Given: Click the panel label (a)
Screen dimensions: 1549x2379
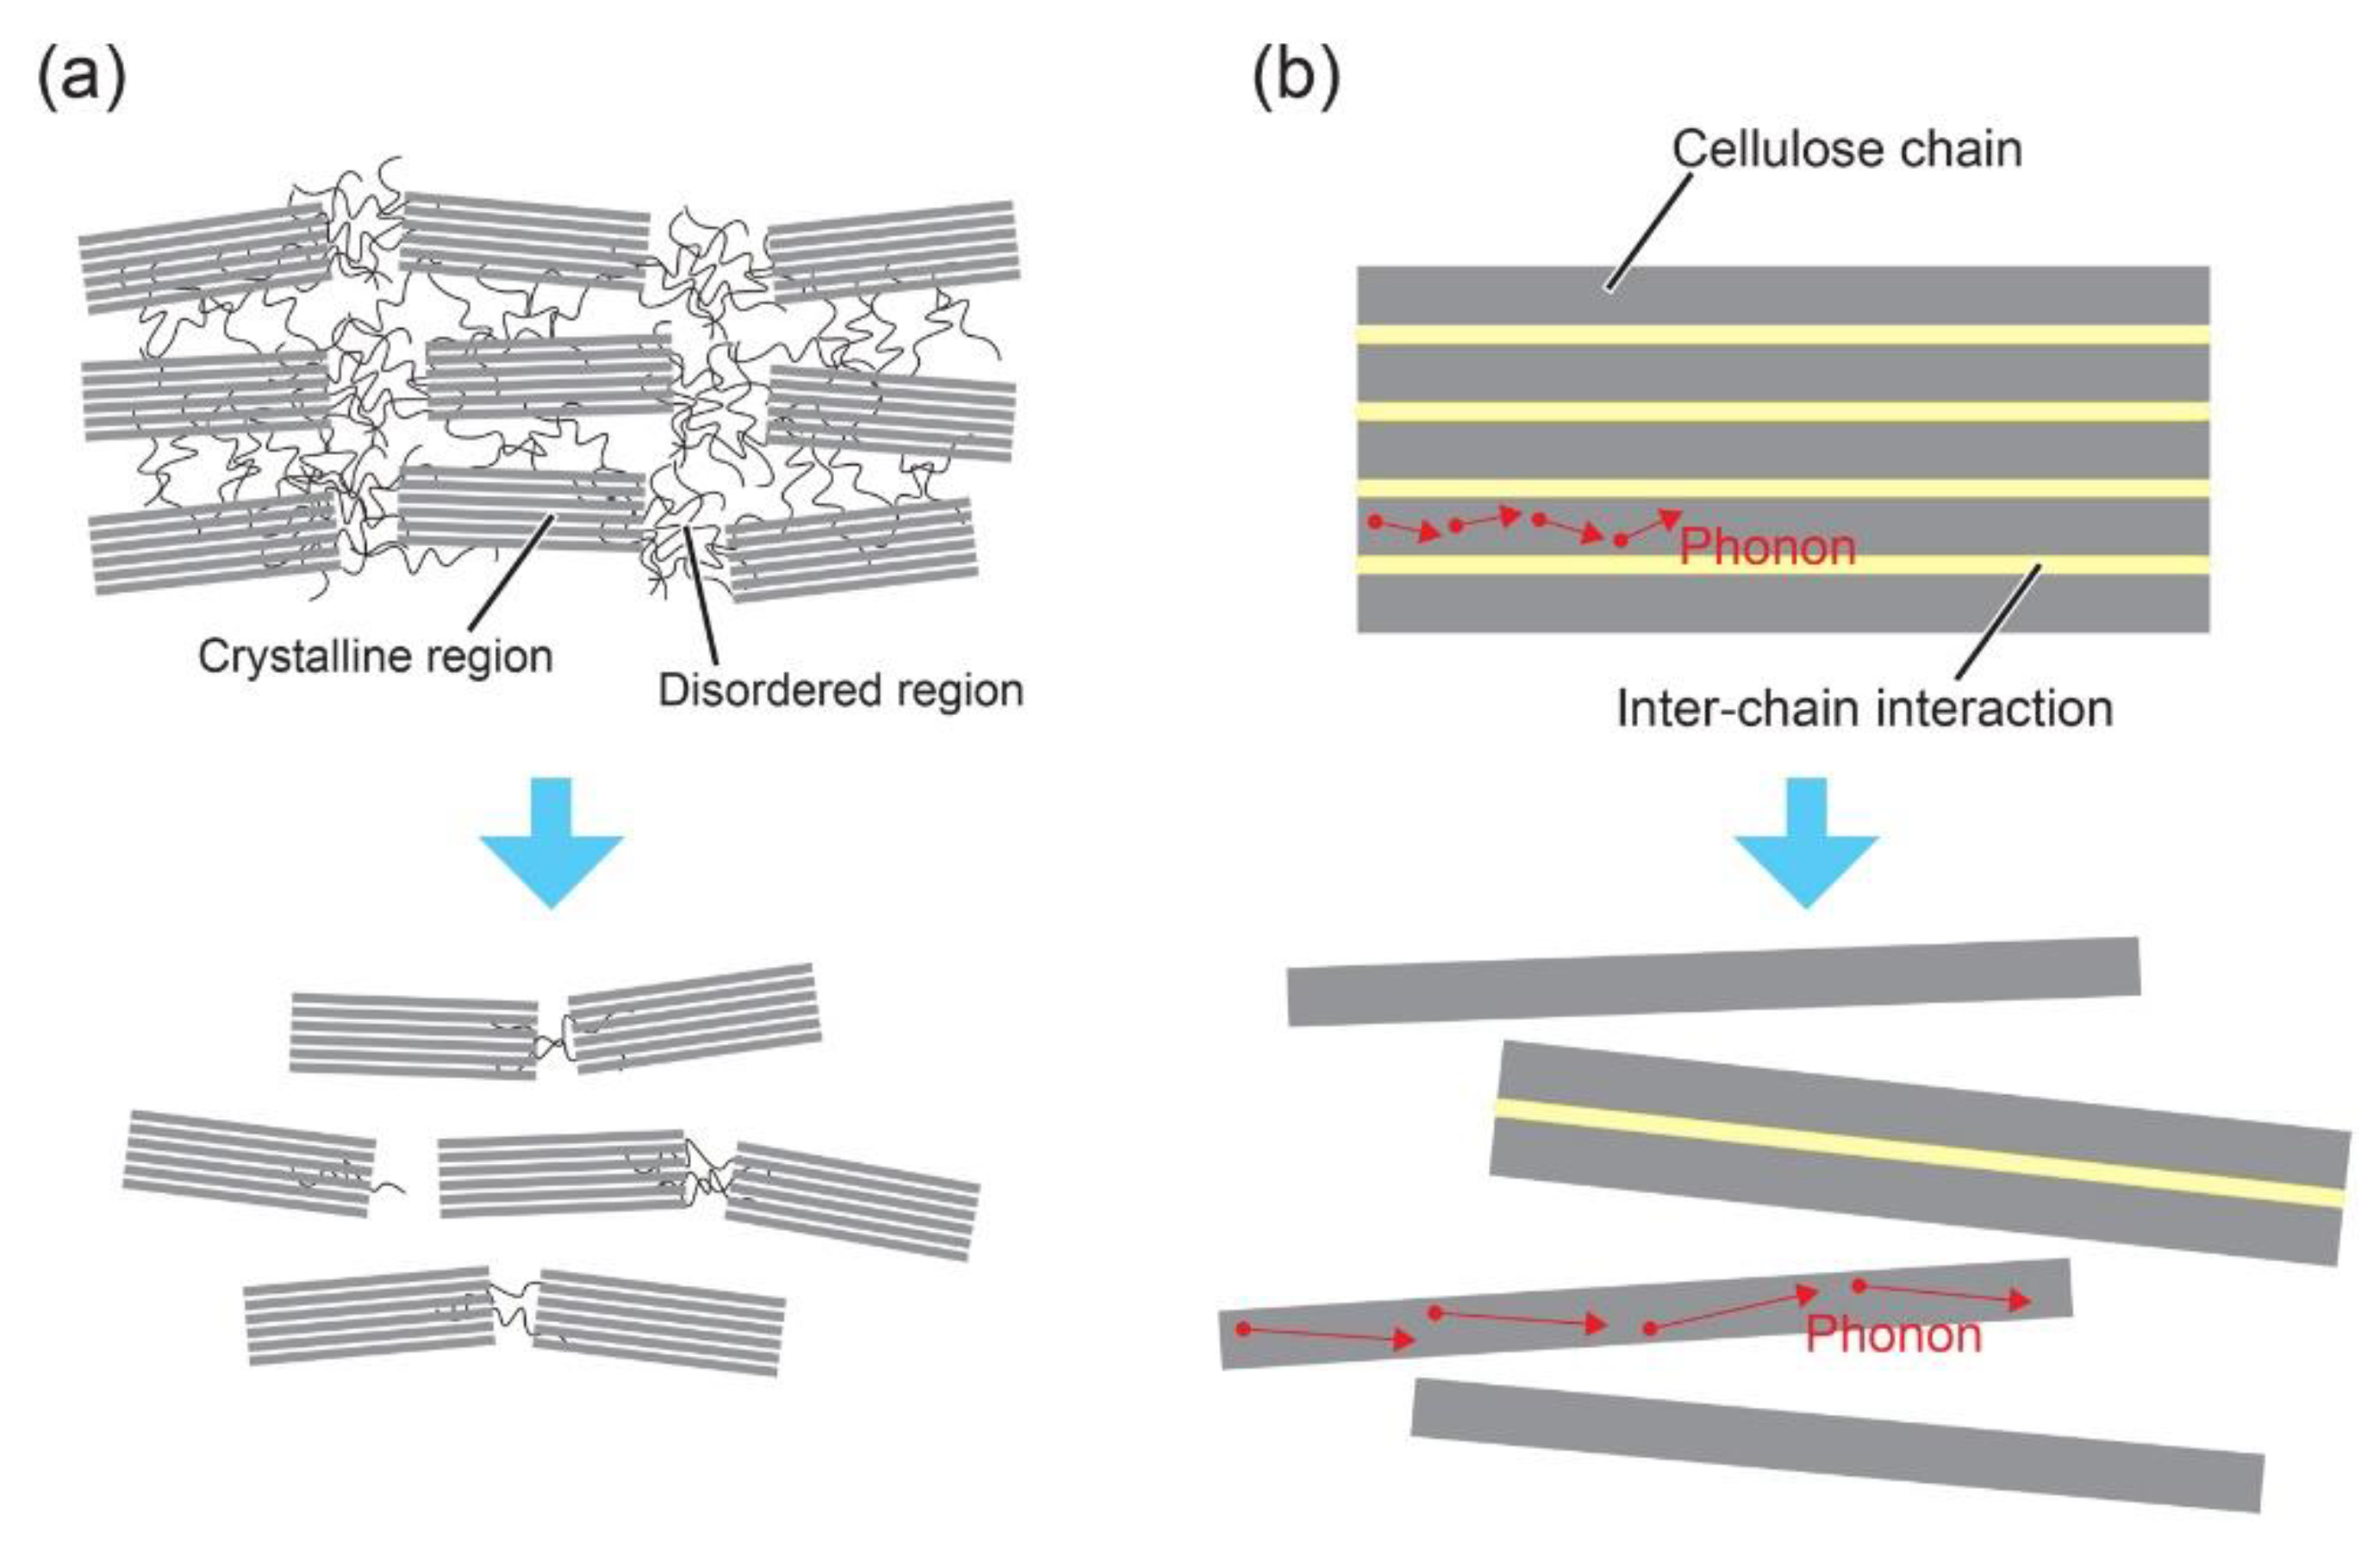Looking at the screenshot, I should click(x=82, y=78).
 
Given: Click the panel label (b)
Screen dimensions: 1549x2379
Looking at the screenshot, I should click(x=1297, y=78).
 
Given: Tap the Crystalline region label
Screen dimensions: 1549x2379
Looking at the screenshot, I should click(x=375, y=656).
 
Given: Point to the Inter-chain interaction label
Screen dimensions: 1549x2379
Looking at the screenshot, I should click(x=1865, y=710).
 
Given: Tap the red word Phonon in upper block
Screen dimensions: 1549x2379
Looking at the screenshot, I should click(x=1767, y=548).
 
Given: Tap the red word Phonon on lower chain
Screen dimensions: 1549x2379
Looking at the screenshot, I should click(x=1893, y=1335).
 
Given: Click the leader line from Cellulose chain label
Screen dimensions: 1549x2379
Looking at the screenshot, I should click(x=1649, y=232).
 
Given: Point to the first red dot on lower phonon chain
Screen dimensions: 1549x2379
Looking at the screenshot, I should click(x=1243, y=1329).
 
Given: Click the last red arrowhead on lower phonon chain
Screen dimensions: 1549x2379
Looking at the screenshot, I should click(x=2019, y=1301).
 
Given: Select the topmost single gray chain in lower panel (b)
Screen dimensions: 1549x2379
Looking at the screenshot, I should click(x=1713, y=981).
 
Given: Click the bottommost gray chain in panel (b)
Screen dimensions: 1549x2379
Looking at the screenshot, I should click(x=1837, y=1445).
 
